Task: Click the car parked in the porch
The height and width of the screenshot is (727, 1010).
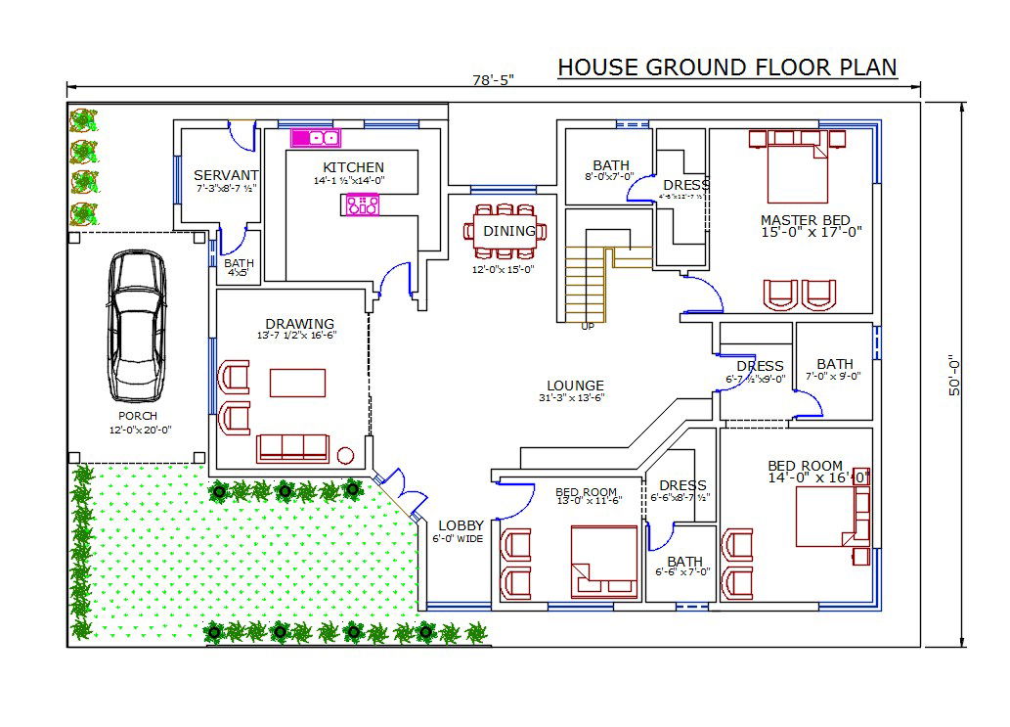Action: pyautogui.click(x=137, y=325)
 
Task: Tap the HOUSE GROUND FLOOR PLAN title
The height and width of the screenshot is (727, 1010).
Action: pyautogui.click(x=726, y=68)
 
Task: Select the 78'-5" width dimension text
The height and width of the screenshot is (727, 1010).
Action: pyautogui.click(x=492, y=80)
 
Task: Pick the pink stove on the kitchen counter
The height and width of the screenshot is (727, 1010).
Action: pyautogui.click(x=361, y=205)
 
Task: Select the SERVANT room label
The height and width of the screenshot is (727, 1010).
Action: pyautogui.click(x=226, y=175)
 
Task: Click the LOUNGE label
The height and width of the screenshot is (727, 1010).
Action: pyautogui.click(x=575, y=386)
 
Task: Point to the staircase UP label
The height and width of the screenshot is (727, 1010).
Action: pyautogui.click(x=588, y=327)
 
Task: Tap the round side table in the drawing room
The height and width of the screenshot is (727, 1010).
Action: pyautogui.click(x=345, y=455)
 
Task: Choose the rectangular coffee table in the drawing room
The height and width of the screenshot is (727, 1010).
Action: pyautogui.click(x=297, y=382)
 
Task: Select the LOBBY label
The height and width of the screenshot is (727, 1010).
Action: pyautogui.click(x=461, y=525)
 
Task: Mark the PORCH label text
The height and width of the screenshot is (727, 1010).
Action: pyautogui.click(x=138, y=416)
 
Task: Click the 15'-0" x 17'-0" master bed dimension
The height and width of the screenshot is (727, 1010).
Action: pyautogui.click(x=811, y=232)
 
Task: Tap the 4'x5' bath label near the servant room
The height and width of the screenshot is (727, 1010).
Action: pyautogui.click(x=239, y=273)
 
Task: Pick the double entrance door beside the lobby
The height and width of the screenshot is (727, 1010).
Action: pyautogui.click(x=401, y=489)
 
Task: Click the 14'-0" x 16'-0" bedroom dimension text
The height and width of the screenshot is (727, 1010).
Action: pyautogui.click(x=818, y=477)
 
